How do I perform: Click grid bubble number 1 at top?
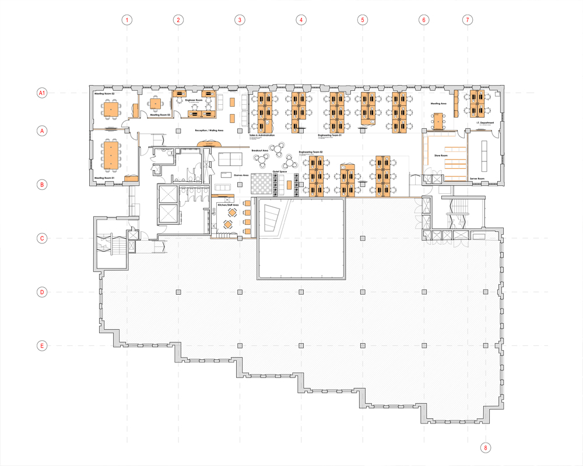tap(127, 20)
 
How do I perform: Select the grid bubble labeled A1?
tap(42, 93)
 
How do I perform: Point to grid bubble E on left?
tap(42, 346)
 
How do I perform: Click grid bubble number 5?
tap(363, 20)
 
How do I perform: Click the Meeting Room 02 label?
tap(104, 93)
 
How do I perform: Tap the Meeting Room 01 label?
tap(104, 178)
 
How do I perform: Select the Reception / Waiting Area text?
tap(209, 131)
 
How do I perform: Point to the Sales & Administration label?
tap(262, 135)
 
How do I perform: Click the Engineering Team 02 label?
tap(311, 152)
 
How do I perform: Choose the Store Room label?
tap(440, 156)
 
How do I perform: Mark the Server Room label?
tap(477, 179)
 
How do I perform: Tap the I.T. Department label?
tap(485, 123)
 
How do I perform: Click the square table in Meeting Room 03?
tap(155, 104)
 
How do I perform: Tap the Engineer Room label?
tap(194, 100)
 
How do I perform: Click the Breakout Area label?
tap(259, 150)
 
